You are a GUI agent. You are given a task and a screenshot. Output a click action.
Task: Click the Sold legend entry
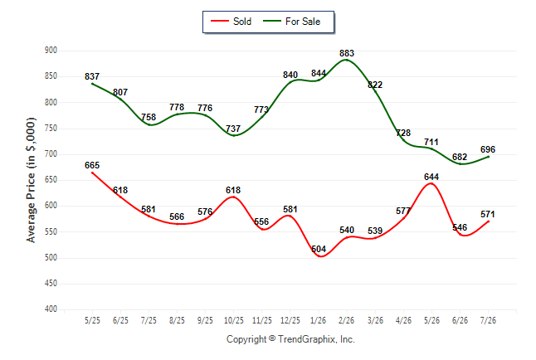point(231,22)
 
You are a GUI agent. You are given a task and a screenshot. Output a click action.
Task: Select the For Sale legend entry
point(291,22)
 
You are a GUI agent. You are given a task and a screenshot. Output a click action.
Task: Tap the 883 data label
point(347,53)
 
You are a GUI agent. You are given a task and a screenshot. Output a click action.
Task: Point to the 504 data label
point(319,249)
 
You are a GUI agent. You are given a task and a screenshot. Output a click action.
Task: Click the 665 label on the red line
point(92,165)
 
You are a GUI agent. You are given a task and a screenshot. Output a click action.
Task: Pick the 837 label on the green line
point(92,76)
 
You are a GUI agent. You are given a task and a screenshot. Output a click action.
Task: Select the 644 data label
point(431,177)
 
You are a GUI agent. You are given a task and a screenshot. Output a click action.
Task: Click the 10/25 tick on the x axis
point(234,321)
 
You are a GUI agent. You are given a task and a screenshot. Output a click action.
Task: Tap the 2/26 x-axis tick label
point(347,321)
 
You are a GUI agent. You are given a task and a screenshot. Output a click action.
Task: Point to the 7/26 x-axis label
point(488,321)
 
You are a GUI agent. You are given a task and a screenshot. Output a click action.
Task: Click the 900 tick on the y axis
point(51,51)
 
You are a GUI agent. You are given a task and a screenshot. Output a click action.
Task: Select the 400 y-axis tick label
point(51,309)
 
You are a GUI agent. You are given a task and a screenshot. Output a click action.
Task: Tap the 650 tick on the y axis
point(51,180)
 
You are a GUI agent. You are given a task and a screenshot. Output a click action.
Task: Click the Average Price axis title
point(31,180)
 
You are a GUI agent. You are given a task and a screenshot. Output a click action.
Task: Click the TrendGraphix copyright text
point(290,339)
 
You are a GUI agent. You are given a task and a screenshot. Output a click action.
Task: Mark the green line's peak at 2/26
point(347,60)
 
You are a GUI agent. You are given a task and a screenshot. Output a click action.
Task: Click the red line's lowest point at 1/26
point(320,256)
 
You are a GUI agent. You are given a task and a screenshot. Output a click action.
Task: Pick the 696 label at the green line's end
point(488,150)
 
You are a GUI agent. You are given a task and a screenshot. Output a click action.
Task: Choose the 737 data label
point(233,129)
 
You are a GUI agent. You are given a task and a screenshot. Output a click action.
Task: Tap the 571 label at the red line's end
point(488,214)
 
